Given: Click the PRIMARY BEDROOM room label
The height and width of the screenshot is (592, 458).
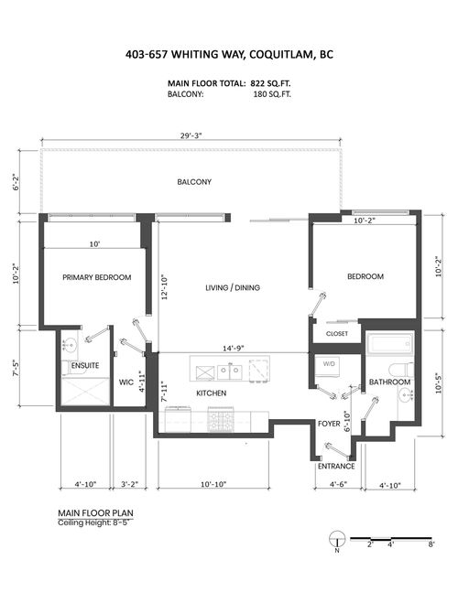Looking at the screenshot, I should pyautogui.click(x=96, y=277).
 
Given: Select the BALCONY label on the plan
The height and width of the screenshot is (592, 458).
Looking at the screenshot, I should pyautogui.click(x=194, y=182).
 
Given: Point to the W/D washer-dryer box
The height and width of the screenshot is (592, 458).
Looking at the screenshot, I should pyautogui.click(x=328, y=365).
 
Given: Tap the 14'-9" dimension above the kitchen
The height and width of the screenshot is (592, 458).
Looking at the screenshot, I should pyautogui.click(x=233, y=348).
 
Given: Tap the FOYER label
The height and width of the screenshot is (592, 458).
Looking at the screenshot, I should pyautogui.click(x=329, y=425).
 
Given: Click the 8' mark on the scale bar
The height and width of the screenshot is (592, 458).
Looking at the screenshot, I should pyautogui.click(x=431, y=544).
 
